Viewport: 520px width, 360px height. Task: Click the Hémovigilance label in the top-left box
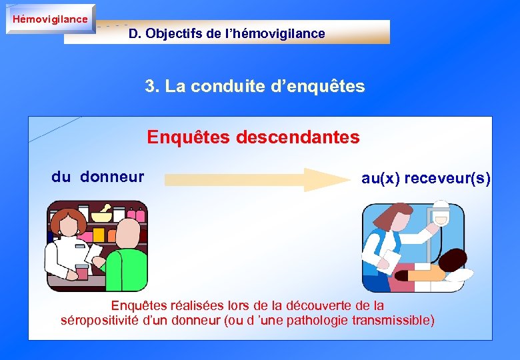coord(50,19)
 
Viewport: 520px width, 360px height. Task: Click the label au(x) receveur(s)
coord(426,178)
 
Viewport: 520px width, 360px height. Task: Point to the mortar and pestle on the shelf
coord(101,215)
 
